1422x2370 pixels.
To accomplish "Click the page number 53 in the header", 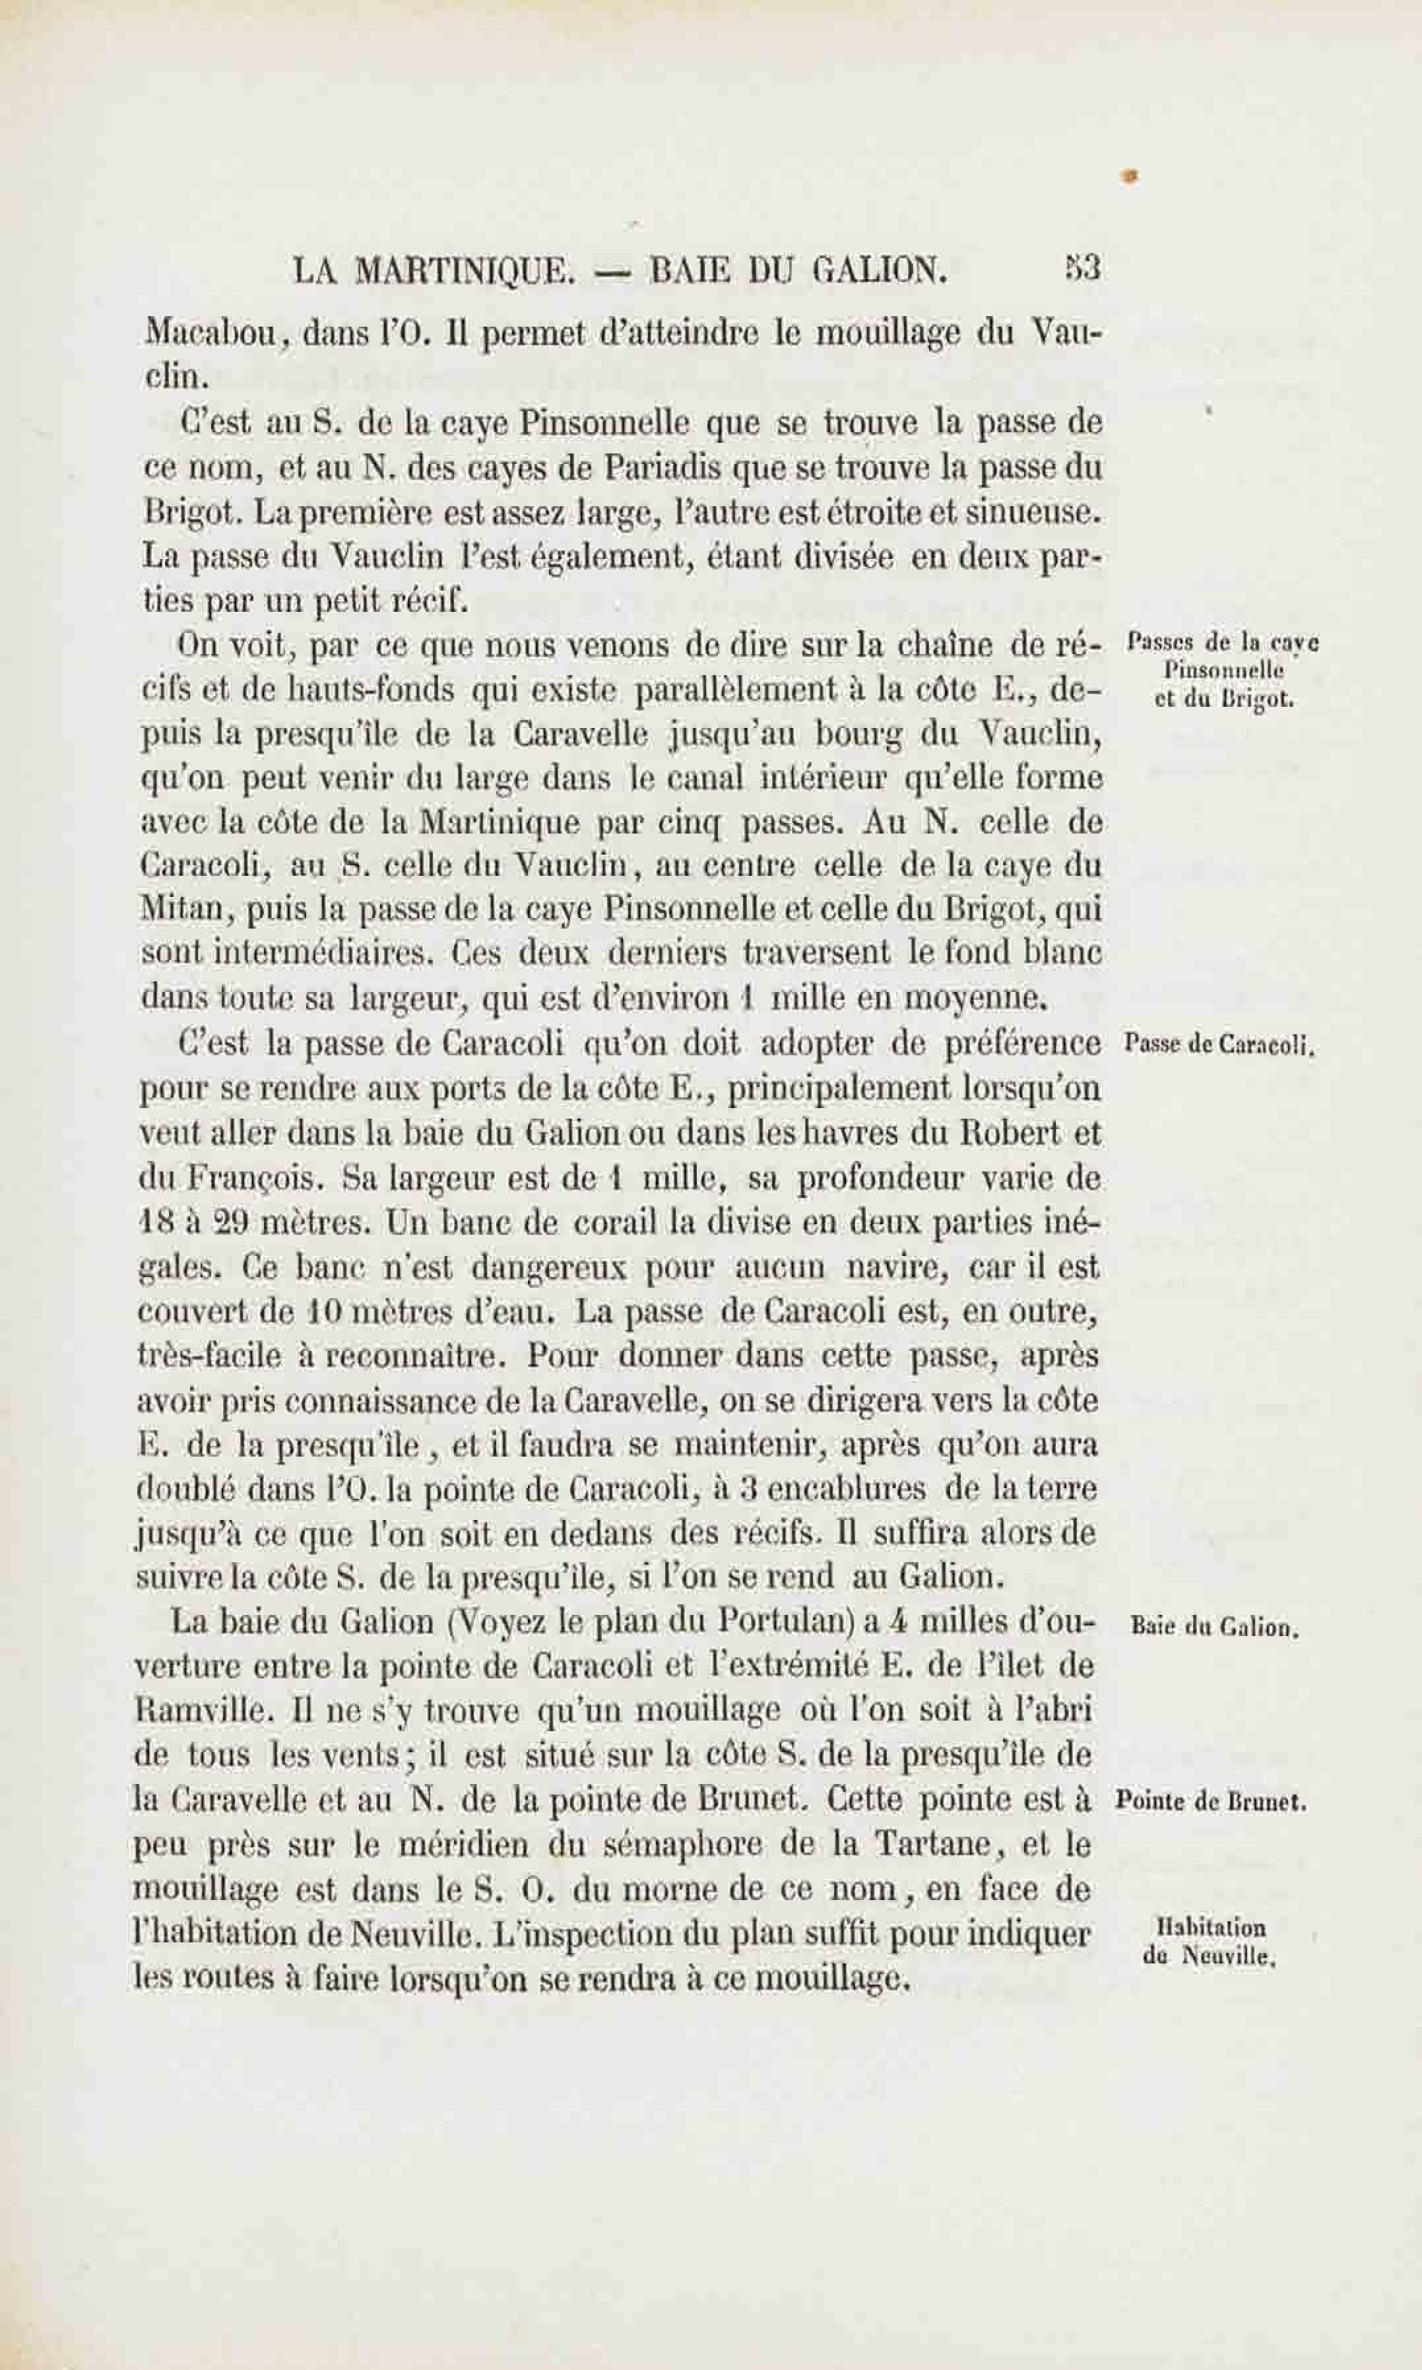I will (x=1083, y=269).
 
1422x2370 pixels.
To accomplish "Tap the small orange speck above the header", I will (x=1132, y=176).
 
